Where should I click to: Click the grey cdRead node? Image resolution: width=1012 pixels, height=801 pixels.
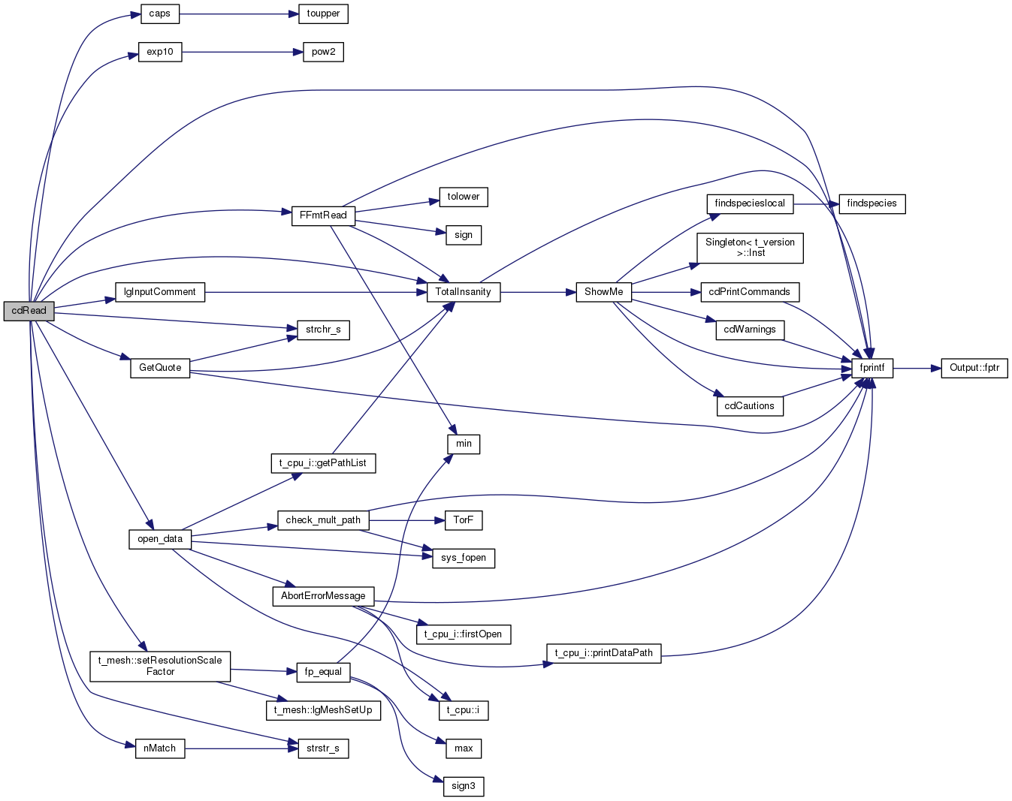(29, 311)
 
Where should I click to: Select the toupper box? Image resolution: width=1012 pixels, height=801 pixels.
(323, 14)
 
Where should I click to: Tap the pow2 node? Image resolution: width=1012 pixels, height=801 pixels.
(323, 52)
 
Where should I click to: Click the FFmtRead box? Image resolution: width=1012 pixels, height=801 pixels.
(323, 215)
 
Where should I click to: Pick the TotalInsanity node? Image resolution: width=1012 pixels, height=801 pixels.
(463, 292)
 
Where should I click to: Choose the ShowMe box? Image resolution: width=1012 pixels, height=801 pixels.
(603, 292)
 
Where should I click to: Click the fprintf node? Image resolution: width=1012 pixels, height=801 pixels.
(872, 368)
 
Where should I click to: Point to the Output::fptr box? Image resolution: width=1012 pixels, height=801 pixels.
(974, 368)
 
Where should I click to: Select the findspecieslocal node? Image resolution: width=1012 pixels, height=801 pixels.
(749, 203)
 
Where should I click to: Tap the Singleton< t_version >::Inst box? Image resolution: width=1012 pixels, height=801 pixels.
(749, 248)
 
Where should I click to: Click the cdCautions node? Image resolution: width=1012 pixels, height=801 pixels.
(749, 406)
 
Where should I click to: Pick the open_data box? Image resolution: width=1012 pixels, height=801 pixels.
(160, 539)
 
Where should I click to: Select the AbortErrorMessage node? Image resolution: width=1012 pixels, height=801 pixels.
(323, 596)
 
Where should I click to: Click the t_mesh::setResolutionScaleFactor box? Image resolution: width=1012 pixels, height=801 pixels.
(160, 666)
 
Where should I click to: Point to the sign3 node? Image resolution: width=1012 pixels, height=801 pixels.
(463, 786)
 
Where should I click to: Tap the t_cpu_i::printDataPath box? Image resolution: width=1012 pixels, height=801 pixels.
(603, 653)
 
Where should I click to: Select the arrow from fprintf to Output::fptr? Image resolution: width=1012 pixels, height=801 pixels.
(917, 368)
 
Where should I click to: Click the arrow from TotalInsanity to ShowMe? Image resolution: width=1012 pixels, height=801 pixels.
(538, 292)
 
